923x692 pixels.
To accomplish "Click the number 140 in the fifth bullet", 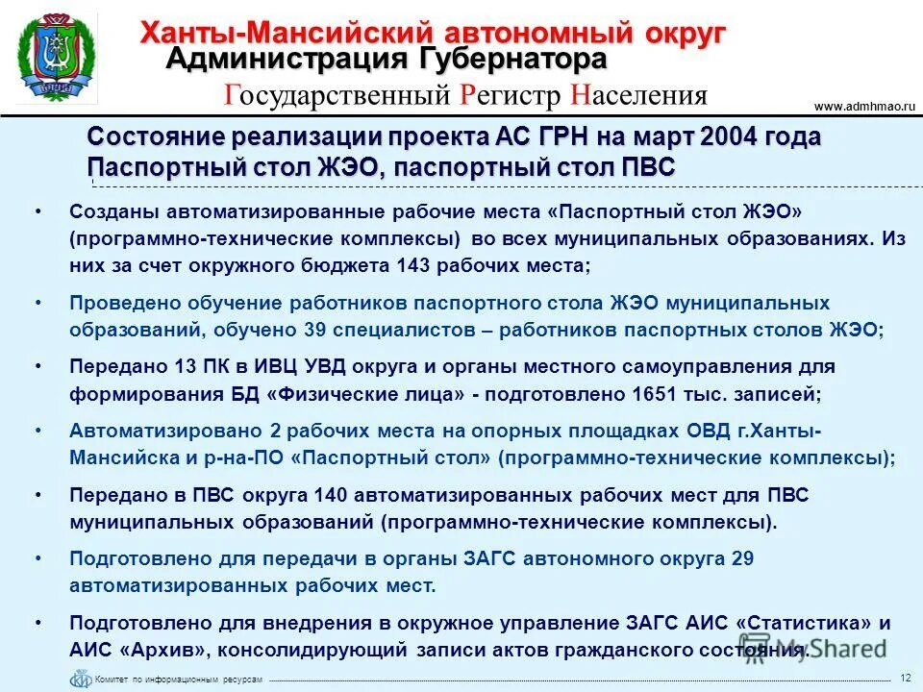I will pos(333,495).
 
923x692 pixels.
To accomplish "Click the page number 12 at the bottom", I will pos(905,678).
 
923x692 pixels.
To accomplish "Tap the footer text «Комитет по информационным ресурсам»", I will pos(178,680).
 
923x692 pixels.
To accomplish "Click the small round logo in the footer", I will pos(80,678).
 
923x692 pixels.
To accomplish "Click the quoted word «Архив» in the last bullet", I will pos(152,650).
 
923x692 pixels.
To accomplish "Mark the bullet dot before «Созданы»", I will pos(37,210).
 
